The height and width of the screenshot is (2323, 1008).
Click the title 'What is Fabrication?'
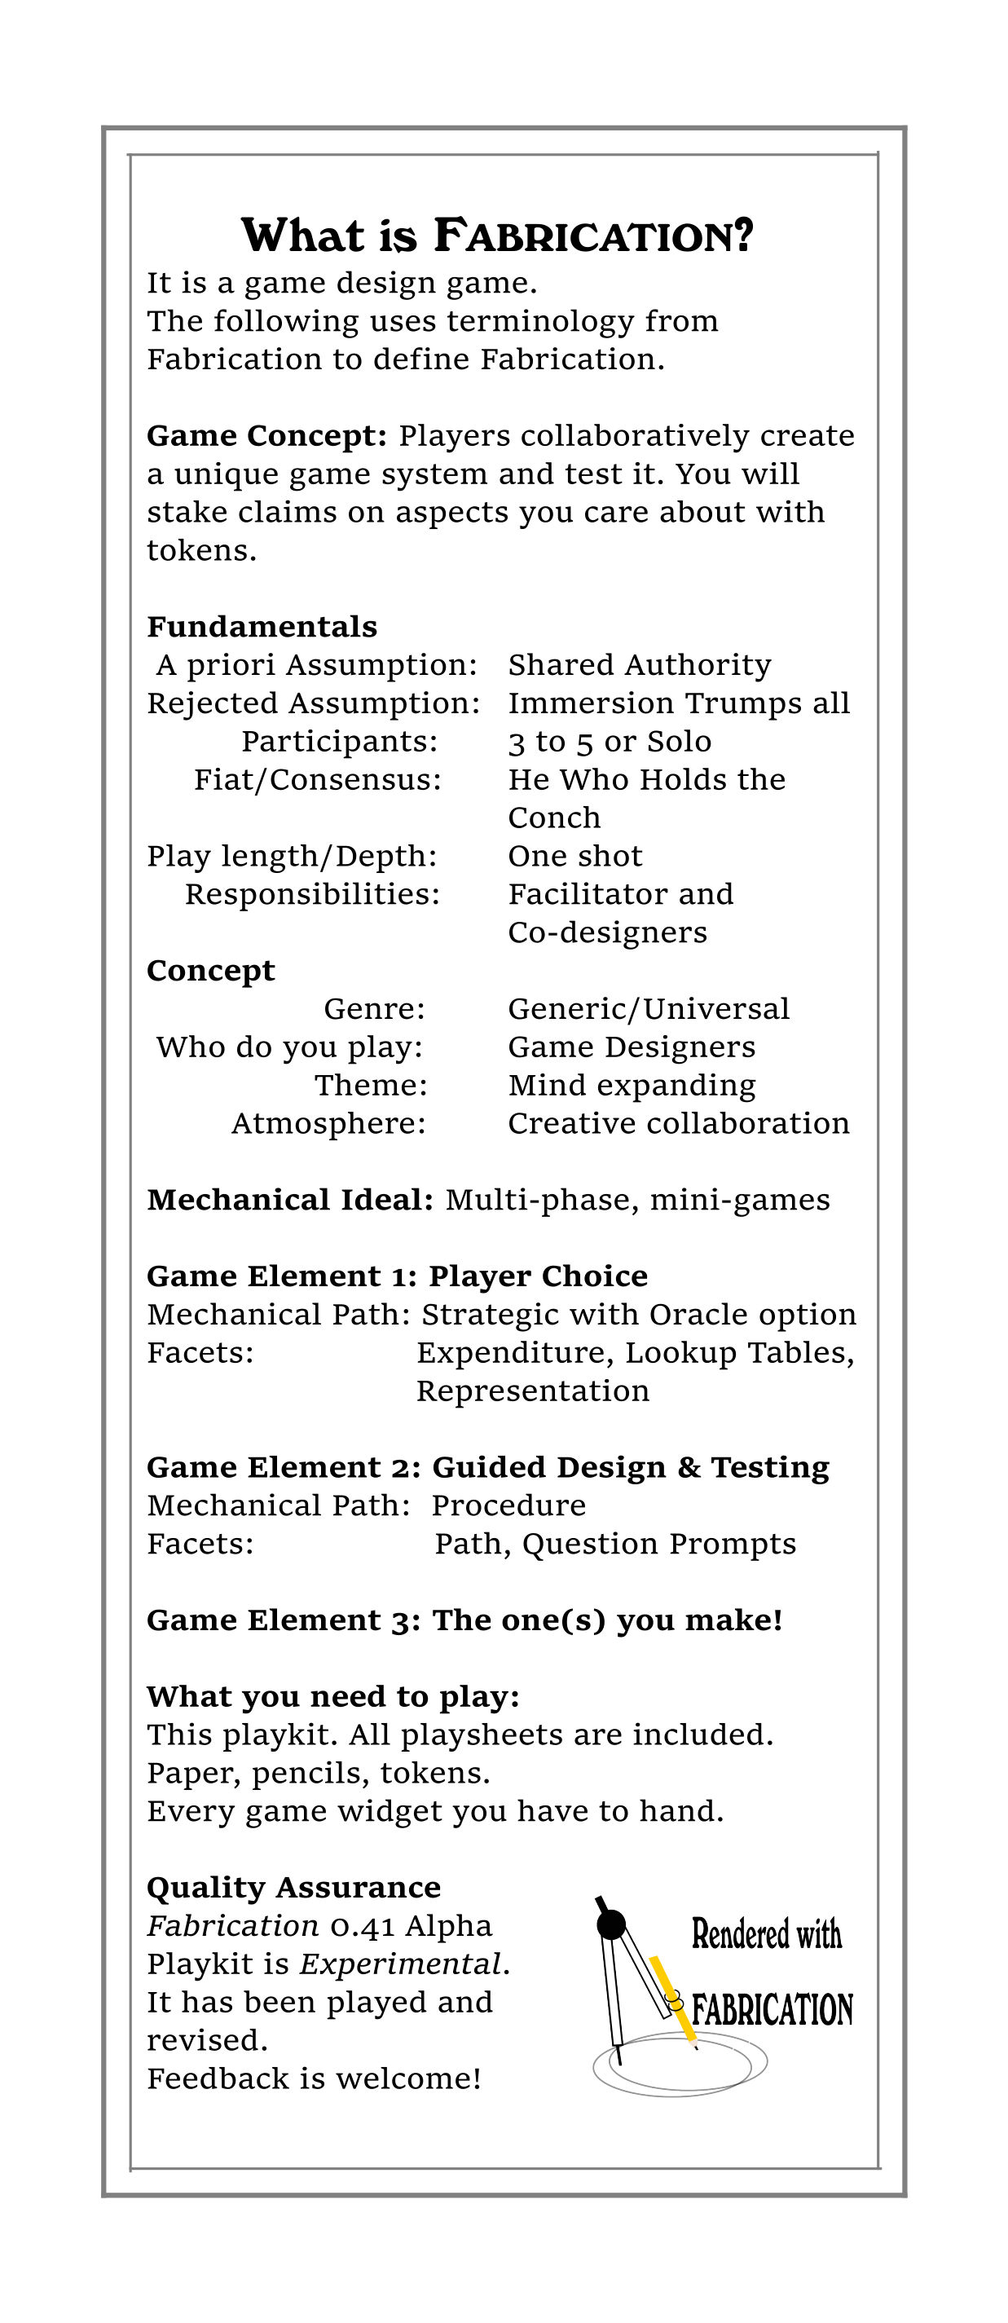(x=497, y=236)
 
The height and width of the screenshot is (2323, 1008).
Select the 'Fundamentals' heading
(x=262, y=627)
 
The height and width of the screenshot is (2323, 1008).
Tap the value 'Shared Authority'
(x=639, y=664)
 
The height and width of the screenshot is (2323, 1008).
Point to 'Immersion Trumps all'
(x=679, y=703)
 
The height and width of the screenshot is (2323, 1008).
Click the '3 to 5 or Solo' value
(x=610, y=741)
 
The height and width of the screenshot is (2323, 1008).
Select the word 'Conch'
(x=553, y=818)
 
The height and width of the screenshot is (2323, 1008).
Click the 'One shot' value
(x=575, y=856)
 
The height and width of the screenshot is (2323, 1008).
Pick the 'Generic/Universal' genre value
(x=649, y=1008)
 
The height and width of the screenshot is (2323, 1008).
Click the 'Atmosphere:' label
(x=328, y=1124)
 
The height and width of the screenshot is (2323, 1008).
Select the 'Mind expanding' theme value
(x=632, y=1085)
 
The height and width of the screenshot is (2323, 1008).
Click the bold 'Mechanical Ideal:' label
(x=290, y=1201)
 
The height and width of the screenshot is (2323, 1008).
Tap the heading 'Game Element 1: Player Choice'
(x=397, y=1276)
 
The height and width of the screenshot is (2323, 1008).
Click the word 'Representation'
(x=533, y=1391)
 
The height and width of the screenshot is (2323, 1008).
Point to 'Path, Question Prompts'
(x=615, y=1544)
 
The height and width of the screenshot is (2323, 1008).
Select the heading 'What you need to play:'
(x=332, y=1696)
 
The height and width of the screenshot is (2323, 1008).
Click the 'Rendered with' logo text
(x=766, y=1934)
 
